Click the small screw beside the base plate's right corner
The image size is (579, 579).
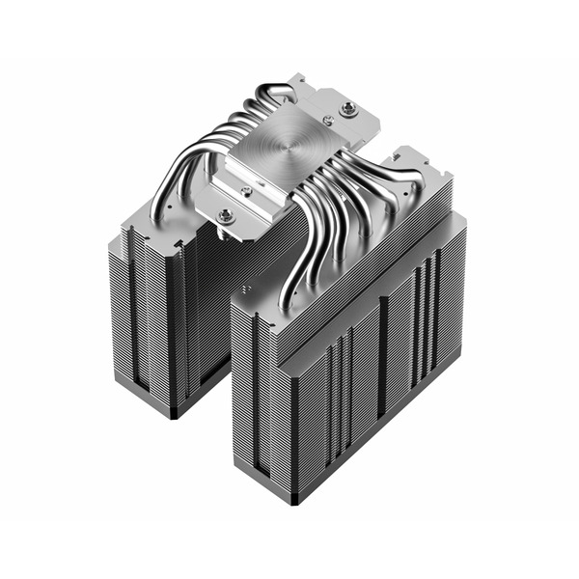click(x=328, y=120)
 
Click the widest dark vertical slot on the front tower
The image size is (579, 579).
click(x=382, y=367)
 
